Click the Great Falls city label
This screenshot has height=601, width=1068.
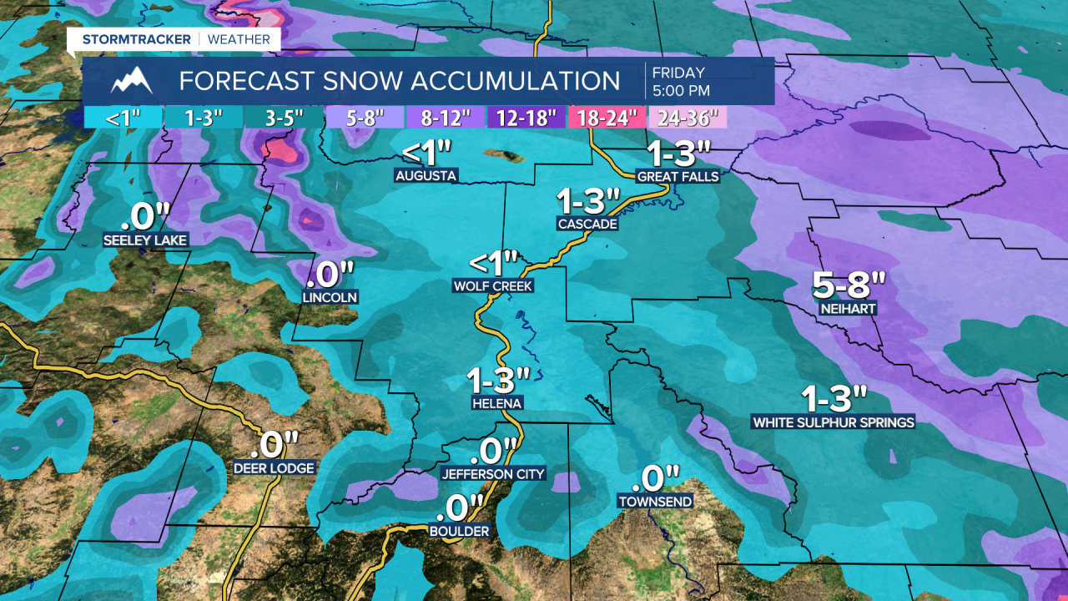click(x=678, y=176)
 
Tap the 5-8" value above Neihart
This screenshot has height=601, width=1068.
click(x=848, y=285)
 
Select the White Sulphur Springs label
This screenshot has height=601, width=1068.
click(x=833, y=422)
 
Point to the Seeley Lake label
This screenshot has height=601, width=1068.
click(x=145, y=240)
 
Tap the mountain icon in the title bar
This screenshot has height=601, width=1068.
click(x=131, y=81)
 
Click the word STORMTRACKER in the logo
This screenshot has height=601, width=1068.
click(x=137, y=39)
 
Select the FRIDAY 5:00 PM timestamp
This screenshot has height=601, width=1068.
click(x=681, y=81)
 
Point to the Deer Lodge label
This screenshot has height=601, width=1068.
click(x=275, y=468)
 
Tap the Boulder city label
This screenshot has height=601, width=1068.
click(x=458, y=530)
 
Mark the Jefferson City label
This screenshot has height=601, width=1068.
click(x=493, y=474)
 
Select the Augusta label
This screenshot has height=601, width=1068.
click(x=426, y=175)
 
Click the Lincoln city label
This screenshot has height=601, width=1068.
click(x=330, y=297)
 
